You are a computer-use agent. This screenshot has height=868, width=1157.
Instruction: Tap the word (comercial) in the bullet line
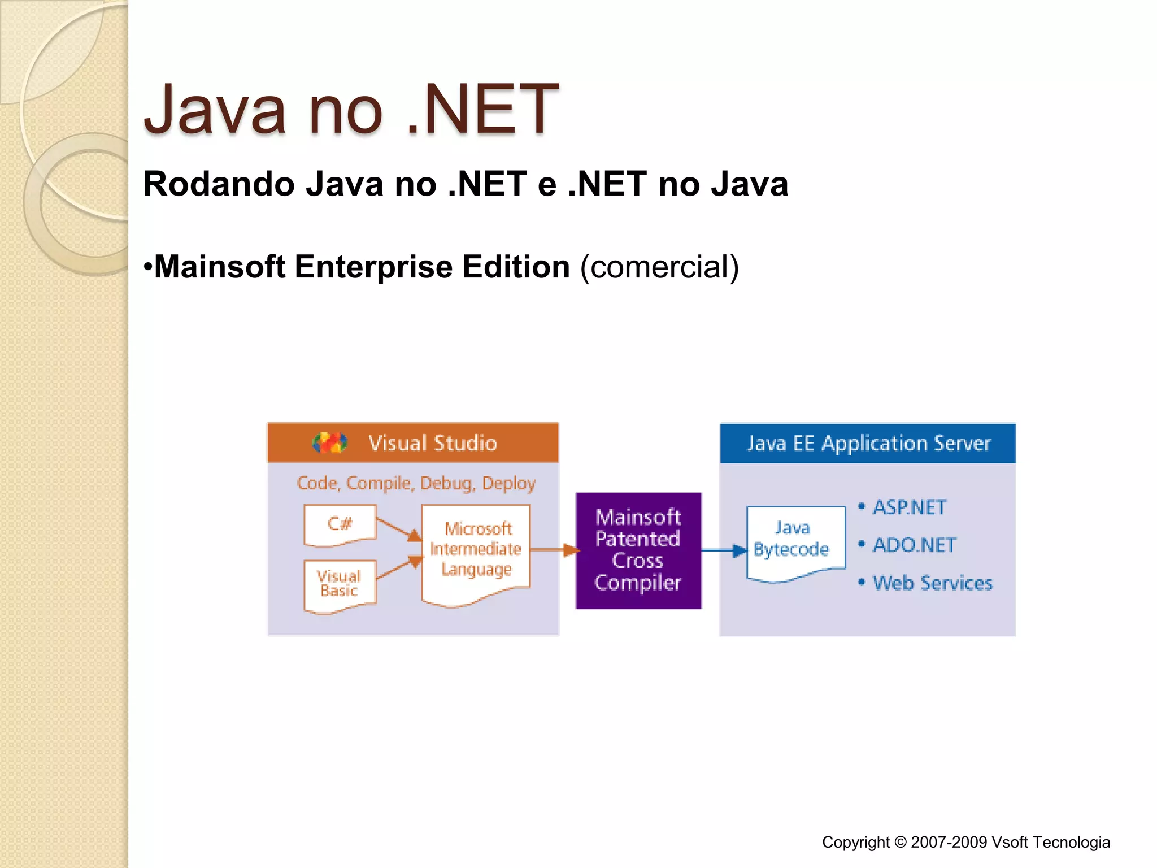(x=659, y=267)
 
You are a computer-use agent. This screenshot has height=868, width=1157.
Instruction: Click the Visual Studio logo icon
(x=329, y=442)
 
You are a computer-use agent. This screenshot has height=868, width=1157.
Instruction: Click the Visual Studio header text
(x=432, y=443)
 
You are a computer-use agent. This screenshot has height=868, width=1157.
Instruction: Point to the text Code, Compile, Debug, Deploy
(x=416, y=483)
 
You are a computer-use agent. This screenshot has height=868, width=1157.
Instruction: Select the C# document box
(x=340, y=524)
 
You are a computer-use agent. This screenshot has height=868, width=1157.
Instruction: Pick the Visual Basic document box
(x=339, y=584)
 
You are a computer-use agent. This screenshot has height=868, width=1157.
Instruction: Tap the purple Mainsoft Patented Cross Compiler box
(x=638, y=550)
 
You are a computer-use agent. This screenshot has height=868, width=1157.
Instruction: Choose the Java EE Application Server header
(x=868, y=444)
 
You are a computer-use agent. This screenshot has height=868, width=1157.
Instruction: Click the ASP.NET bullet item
(x=909, y=507)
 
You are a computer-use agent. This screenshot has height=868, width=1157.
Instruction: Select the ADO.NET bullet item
(x=914, y=545)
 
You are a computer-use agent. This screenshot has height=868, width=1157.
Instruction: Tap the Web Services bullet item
(x=932, y=583)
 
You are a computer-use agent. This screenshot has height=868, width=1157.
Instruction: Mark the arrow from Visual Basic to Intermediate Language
(x=398, y=568)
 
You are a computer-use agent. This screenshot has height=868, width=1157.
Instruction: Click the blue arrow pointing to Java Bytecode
(x=724, y=550)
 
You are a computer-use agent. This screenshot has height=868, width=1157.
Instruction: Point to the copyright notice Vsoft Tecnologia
(x=965, y=842)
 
